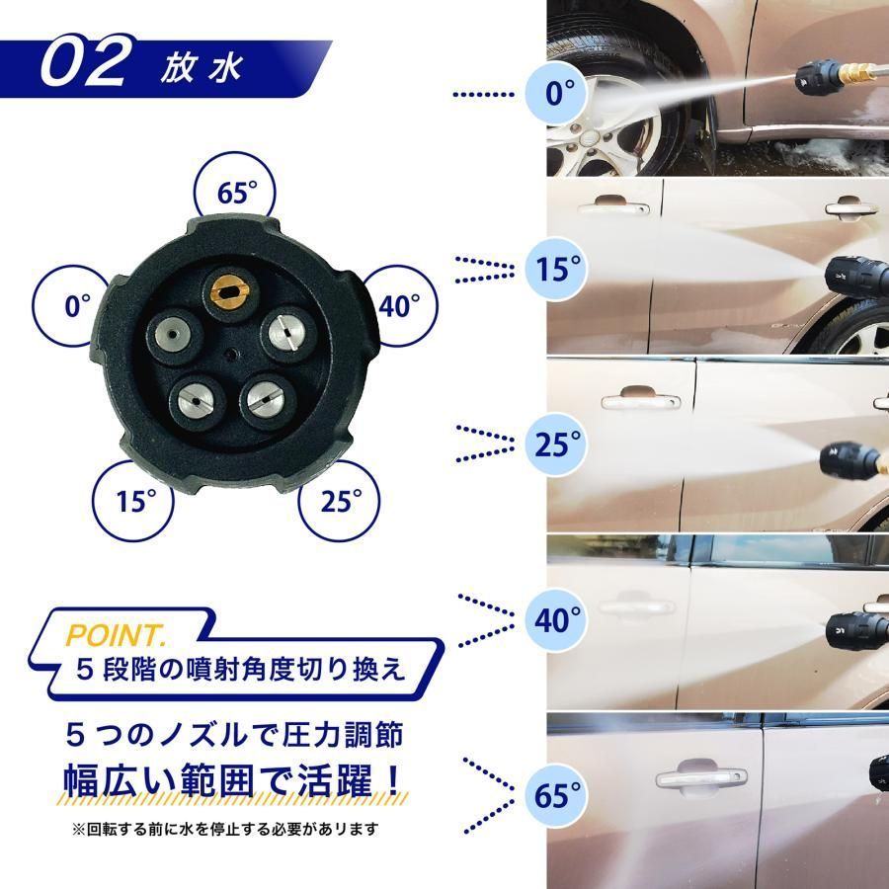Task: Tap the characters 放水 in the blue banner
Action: point(202,68)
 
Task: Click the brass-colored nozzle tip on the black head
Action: point(230,291)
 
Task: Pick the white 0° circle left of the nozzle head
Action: point(69,305)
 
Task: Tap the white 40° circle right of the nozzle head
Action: point(401,306)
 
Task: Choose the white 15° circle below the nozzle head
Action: point(133,501)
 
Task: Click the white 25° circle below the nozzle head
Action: point(340,501)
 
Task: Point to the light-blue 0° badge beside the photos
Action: point(558,94)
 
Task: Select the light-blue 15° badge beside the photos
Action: point(558,269)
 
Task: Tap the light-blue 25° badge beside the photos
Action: point(558,444)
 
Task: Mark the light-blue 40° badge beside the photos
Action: point(558,619)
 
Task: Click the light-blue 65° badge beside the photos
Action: point(558,795)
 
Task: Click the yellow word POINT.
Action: point(117,635)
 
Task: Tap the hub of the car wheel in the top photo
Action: point(591,136)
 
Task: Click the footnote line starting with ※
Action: point(224,830)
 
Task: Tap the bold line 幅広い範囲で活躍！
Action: point(232,780)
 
